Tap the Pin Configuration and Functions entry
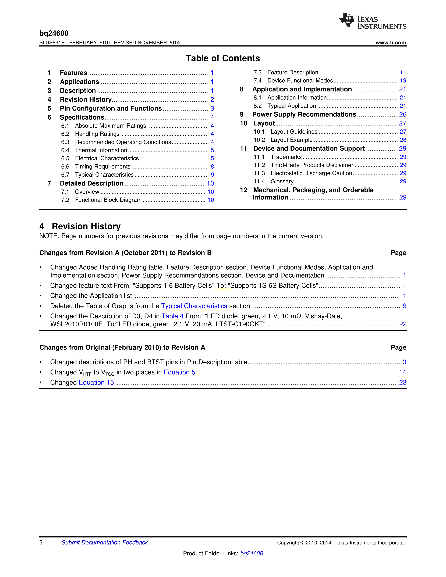(x=111, y=109)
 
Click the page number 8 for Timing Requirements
(x=212, y=167)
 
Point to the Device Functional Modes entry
(x=300, y=81)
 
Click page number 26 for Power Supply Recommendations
(x=402, y=114)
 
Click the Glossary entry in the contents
(x=282, y=181)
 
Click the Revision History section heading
(x=86, y=226)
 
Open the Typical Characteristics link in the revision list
(x=194, y=306)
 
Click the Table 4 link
(x=172, y=316)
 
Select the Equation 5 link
(x=179, y=372)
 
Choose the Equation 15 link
(x=96, y=383)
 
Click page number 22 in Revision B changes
(x=402, y=324)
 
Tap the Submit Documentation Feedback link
(x=105, y=542)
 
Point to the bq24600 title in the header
(x=54, y=33)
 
